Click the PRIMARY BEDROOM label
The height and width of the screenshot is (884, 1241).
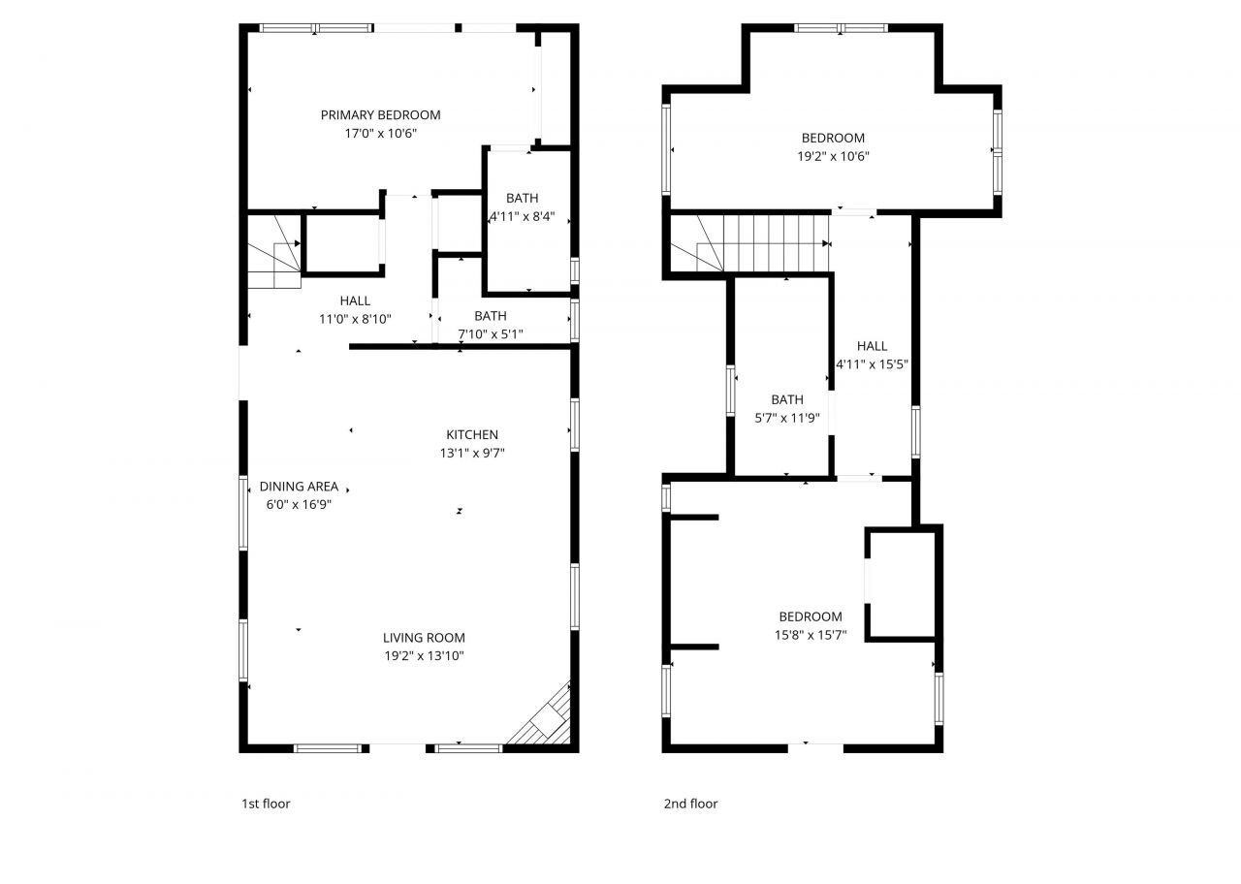(380, 115)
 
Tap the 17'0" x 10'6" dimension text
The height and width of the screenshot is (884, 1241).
(380, 134)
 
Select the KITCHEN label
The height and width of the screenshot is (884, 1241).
(472, 434)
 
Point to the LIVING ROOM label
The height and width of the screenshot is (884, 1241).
(424, 638)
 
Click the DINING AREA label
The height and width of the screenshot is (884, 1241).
(299, 487)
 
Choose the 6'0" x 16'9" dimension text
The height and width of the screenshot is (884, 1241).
(299, 504)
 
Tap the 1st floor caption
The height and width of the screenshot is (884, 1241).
(266, 804)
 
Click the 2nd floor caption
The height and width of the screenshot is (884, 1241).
(690, 804)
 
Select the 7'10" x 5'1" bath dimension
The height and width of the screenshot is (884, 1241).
(491, 334)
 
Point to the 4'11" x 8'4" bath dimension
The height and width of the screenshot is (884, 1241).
(522, 217)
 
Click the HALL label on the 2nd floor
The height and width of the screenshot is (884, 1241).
(872, 346)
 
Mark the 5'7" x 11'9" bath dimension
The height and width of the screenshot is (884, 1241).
(787, 418)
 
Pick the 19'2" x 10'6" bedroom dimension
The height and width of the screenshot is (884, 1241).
(833, 156)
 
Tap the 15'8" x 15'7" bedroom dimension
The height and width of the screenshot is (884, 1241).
(811, 635)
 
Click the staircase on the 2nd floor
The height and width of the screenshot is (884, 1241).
(766, 244)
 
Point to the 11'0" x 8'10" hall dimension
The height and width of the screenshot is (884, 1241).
(355, 319)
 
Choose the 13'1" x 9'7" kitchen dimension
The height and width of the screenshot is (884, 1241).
(472, 453)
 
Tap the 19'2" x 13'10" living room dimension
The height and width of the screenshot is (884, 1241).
(424, 656)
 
